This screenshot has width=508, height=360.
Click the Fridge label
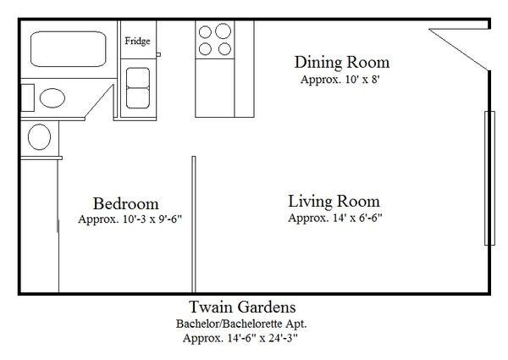(137, 42)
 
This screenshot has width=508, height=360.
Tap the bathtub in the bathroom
(69, 49)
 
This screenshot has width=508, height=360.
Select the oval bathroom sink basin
(52, 98)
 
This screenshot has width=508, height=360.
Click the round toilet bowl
(39, 136)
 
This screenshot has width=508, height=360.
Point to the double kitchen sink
(138, 88)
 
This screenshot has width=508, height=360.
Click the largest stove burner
(223, 31)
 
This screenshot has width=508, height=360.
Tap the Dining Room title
(342, 62)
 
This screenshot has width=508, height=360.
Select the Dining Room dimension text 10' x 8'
(362, 80)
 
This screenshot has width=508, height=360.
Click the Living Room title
(334, 202)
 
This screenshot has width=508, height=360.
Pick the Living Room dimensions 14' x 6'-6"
(357, 218)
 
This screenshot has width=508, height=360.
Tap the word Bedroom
(125, 203)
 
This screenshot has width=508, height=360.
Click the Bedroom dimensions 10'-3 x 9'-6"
(152, 219)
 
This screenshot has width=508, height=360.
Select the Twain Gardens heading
(242, 307)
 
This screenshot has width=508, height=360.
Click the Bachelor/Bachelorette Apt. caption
(241, 324)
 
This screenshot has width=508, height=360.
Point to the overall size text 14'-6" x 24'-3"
(262, 338)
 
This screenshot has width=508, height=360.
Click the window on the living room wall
(489, 178)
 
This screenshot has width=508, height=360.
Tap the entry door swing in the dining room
(459, 48)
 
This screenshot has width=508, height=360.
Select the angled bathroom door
(99, 102)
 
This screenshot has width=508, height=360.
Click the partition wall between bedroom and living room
(194, 224)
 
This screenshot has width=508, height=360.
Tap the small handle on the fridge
(158, 54)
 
